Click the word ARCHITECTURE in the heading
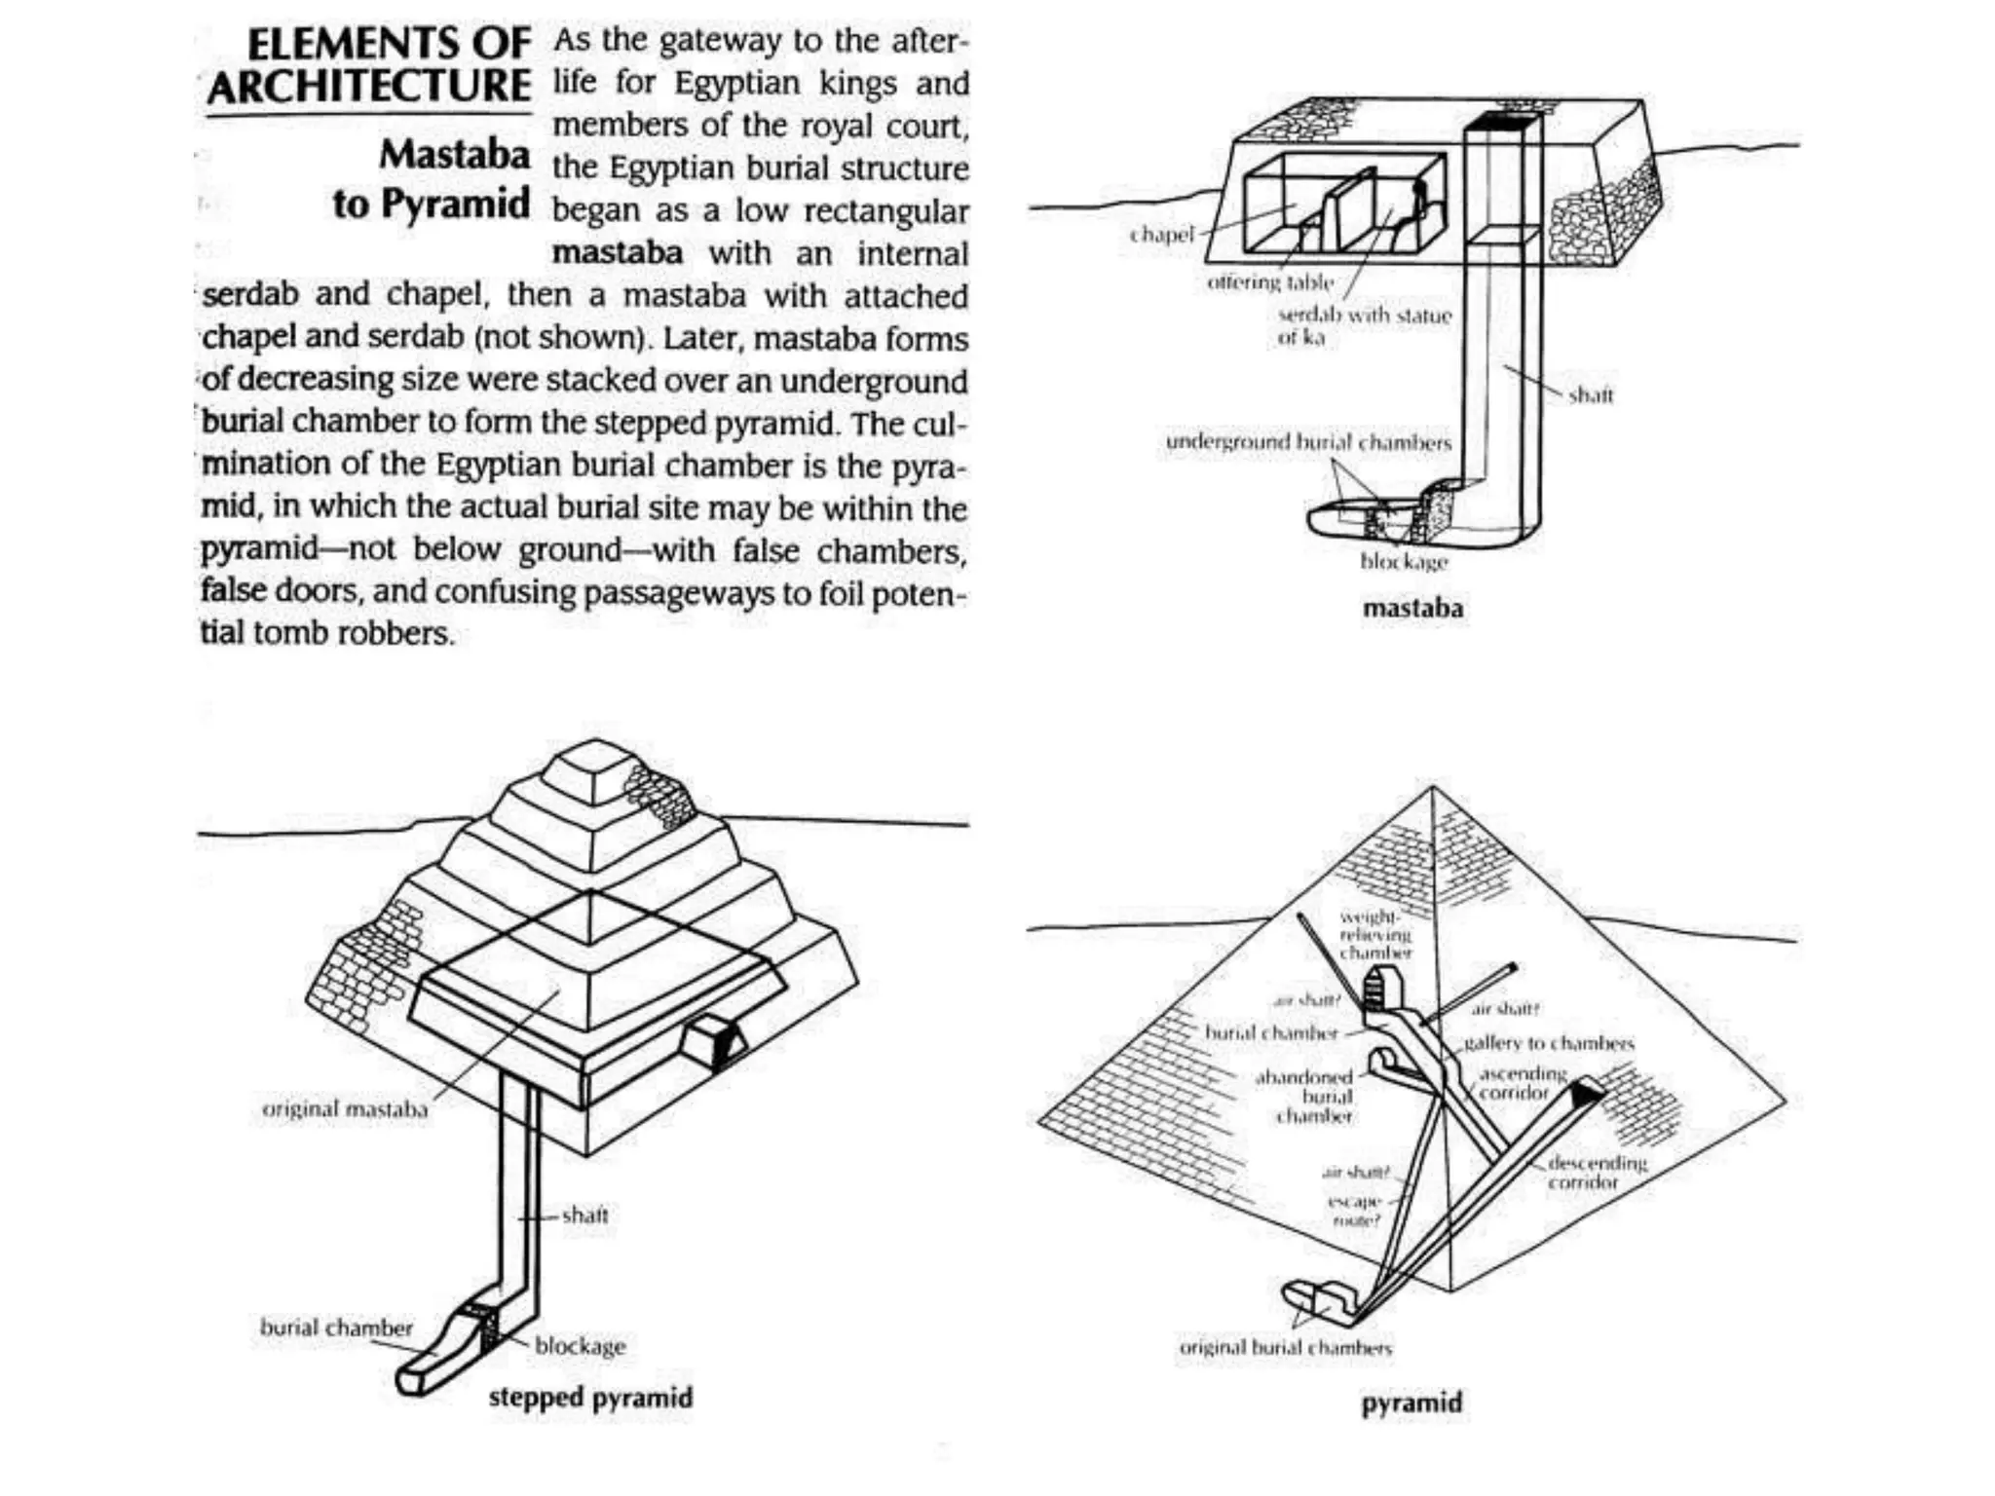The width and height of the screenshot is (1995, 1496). pos(369,88)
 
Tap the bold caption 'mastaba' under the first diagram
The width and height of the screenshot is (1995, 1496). pos(1412,609)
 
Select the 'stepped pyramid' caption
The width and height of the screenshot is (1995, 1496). pos(590,1397)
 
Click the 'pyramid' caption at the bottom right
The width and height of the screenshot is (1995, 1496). pos(1412,1402)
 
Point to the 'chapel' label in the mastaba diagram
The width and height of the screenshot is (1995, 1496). pos(1161,235)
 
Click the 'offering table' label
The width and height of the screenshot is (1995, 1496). pos(1269,282)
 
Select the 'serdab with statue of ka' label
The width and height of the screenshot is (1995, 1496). pos(1364,325)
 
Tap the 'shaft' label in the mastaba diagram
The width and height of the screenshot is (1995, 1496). pos(1591,394)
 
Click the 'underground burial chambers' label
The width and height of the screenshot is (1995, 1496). pos(1308,442)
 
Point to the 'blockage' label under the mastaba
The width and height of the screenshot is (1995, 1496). pos(1404,562)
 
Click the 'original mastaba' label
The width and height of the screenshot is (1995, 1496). pos(345,1108)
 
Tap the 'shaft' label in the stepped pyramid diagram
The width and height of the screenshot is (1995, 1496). pos(584,1215)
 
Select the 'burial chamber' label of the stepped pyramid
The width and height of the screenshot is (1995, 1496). pos(336,1328)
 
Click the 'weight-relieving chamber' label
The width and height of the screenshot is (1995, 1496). pos(1374,935)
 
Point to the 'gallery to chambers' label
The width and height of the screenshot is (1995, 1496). pos(1549,1043)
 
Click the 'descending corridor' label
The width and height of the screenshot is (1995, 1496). pos(1596,1172)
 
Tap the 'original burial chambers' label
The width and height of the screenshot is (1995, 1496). pos(1286,1348)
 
